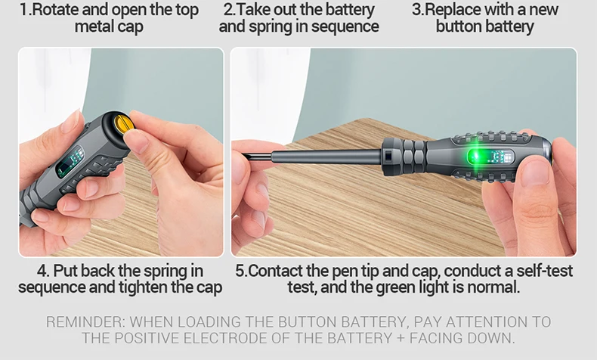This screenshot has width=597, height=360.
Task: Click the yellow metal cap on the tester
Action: point(123,124)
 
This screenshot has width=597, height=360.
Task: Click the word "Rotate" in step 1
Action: point(56,10)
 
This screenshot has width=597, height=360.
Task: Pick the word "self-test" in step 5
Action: point(545,271)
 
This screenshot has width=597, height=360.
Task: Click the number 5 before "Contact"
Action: point(240,272)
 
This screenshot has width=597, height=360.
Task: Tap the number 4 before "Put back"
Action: point(42,272)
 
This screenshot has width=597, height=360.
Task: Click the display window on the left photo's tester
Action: point(70,163)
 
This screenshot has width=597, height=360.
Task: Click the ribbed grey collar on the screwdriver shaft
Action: point(404,157)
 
